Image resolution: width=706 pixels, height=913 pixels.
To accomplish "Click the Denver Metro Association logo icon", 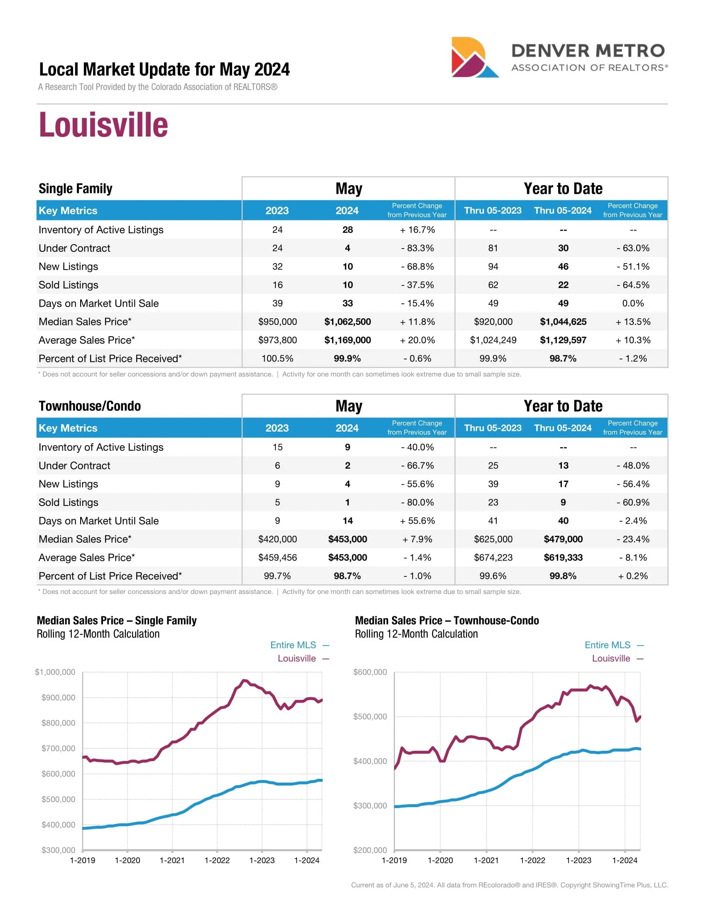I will pyautogui.click(x=474, y=58).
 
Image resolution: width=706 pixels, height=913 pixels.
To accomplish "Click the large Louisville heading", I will pyautogui.click(x=103, y=125).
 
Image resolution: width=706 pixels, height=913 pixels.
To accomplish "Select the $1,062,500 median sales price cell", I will pyautogui.click(x=347, y=322).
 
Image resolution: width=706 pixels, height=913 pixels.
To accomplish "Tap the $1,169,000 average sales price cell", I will pyautogui.click(x=347, y=340).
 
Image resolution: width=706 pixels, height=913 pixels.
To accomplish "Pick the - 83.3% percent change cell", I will pyautogui.click(x=417, y=248).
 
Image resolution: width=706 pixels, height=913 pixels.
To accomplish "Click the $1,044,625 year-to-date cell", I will pyautogui.click(x=563, y=322).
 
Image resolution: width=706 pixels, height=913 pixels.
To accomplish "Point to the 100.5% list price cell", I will pyautogui.click(x=277, y=359).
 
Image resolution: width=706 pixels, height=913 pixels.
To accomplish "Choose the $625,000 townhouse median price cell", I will pyautogui.click(x=493, y=539).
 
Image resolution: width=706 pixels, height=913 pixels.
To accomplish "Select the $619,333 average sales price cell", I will pyautogui.click(x=563, y=558).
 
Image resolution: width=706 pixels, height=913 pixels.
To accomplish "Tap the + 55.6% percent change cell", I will pyautogui.click(x=417, y=521).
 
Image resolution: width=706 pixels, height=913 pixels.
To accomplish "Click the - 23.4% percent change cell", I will pyautogui.click(x=633, y=539).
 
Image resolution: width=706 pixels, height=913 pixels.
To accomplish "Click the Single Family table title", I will pyautogui.click(x=75, y=188).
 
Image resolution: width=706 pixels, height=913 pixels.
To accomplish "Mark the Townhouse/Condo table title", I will pyautogui.click(x=90, y=406).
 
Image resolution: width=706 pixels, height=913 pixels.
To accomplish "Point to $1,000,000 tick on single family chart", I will pyautogui.click(x=55, y=672).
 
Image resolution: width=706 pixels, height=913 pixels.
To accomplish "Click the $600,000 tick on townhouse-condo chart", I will pyautogui.click(x=370, y=672).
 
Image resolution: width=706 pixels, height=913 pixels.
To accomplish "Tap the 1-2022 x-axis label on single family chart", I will pyautogui.click(x=217, y=860).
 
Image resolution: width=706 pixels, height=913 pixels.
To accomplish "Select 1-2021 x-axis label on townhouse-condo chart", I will pyautogui.click(x=486, y=860).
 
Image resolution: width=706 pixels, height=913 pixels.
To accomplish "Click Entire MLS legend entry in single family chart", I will pyautogui.click(x=293, y=645).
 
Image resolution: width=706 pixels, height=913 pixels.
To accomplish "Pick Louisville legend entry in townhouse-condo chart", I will pyautogui.click(x=610, y=659).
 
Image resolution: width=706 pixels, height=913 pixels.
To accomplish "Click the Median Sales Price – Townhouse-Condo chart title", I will pyautogui.click(x=447, y=620).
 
